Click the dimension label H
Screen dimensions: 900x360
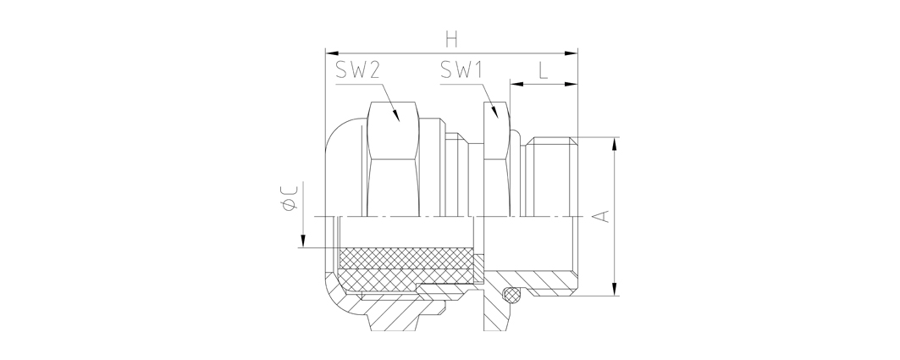click(x=452, y=40)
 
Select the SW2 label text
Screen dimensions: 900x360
click(x=357, y=70)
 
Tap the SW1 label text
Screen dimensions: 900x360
click(x=461, y=70)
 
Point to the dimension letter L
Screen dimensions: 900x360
click(x=543, y=70)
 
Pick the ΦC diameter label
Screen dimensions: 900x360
click(x=289, y=198)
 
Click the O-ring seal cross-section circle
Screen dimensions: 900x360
click(x=512, y=295)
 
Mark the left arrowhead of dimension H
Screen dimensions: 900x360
click(x=333, y=53)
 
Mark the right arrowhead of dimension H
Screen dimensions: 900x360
click(x=571, y=53)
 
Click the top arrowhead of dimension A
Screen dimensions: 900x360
click(x=615, y=145)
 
